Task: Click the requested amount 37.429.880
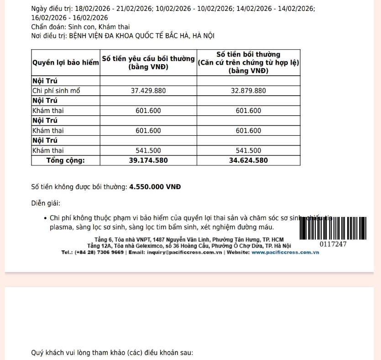[x=148, y=91]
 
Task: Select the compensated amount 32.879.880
[x=248, y=91]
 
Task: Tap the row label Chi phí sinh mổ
[x=56, y=91]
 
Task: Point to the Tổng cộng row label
[x=66, y=160]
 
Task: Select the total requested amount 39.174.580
[x=148, y=160]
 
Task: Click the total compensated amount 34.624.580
[x=248, y=160]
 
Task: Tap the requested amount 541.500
[x=148, y=150]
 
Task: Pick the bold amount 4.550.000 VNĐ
[x=155, y=187]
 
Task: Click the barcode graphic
[x=333, y=228]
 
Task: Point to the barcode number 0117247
[x=333, y=244]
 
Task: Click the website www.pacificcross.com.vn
[x=285, y=252]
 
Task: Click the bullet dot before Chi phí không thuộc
[x=45, y=218]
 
